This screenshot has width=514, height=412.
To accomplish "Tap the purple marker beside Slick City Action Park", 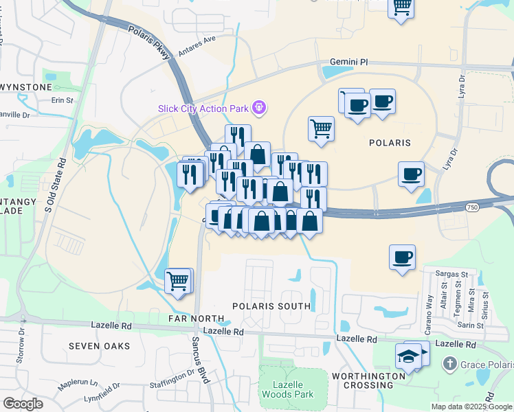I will tap(259, 107).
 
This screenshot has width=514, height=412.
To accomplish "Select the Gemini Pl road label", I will tap(348, 62).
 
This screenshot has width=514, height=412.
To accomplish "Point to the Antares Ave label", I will tap(197, 47).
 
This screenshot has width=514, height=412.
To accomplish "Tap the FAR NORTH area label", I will tap(197, 319).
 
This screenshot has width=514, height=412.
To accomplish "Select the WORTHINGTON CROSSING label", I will tap(368, 380).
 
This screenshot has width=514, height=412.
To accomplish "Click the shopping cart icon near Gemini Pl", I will tap(321, 128).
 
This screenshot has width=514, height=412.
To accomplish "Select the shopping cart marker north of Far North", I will tap(178, 280).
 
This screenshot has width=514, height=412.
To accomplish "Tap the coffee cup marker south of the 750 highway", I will tap(402, 257).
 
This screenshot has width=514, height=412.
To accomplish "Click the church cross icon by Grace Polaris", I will tap(449, 363).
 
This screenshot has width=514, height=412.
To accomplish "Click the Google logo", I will tap(23, 404).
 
